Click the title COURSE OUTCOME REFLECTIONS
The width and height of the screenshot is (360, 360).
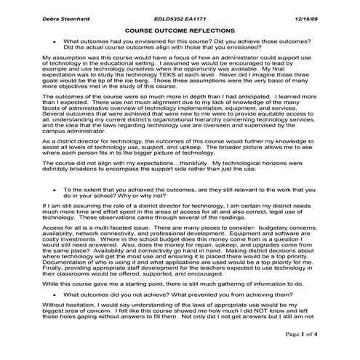pyautogui.click(x=180, y=31)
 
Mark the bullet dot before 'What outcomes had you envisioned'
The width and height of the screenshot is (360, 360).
pyautogui.click(x=55, y=42)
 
